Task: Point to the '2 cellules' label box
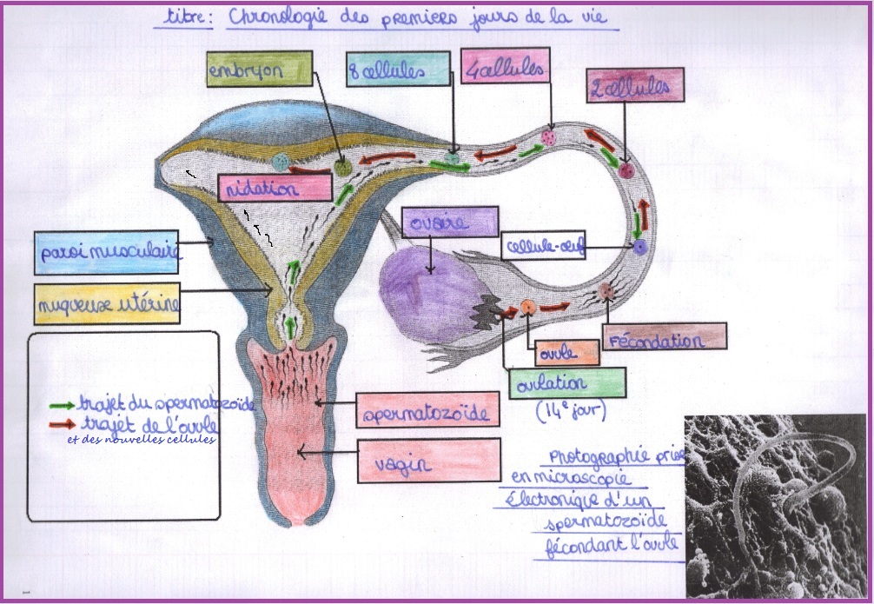[x=634, y=86]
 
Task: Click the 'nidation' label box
[x=275, y=188]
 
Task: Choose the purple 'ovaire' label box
[x=450, y=222]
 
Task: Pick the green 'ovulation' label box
[x=566, y=382]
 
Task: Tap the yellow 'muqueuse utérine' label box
[x=108, y=304]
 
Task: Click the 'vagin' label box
[x=427, y=460]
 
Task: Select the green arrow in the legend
[x=62, y=404]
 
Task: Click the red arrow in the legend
[x=62, y=425]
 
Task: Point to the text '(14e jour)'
[x=571, y=409]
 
